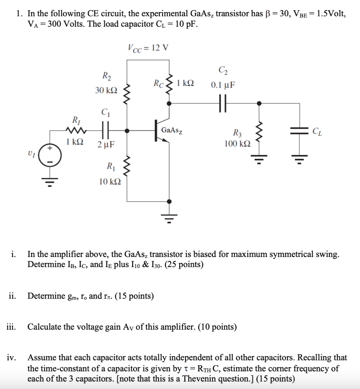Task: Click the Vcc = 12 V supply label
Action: point(148,48)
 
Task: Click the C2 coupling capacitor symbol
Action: point(223,103)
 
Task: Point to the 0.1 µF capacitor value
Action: point(223,85)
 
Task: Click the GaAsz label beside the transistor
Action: point(172,130)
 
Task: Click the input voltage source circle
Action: point(50,157)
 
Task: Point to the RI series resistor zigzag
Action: point(76,130)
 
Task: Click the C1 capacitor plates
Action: point(106,130)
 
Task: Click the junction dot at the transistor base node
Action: point(128,131)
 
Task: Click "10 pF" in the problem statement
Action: point(186,24)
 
